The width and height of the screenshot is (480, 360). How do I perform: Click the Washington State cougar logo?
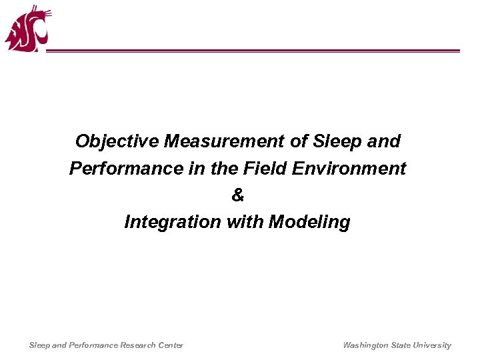coord(27,29)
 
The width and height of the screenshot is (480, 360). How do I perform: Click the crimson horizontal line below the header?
coord(253,51)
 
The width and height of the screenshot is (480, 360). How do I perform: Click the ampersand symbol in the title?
coord(237,195)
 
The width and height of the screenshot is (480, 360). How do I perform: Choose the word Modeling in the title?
coord(309,221)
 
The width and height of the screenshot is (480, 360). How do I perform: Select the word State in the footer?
coord(403,345)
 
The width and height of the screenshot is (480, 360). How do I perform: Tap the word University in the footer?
coord(433,345)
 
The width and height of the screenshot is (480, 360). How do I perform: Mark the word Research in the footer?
coord(137,345)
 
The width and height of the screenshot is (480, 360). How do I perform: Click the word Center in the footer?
coord(170,345)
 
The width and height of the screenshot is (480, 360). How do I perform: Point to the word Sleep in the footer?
coord(39,345)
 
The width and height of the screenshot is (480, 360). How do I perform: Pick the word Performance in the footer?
coord(92,345)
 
